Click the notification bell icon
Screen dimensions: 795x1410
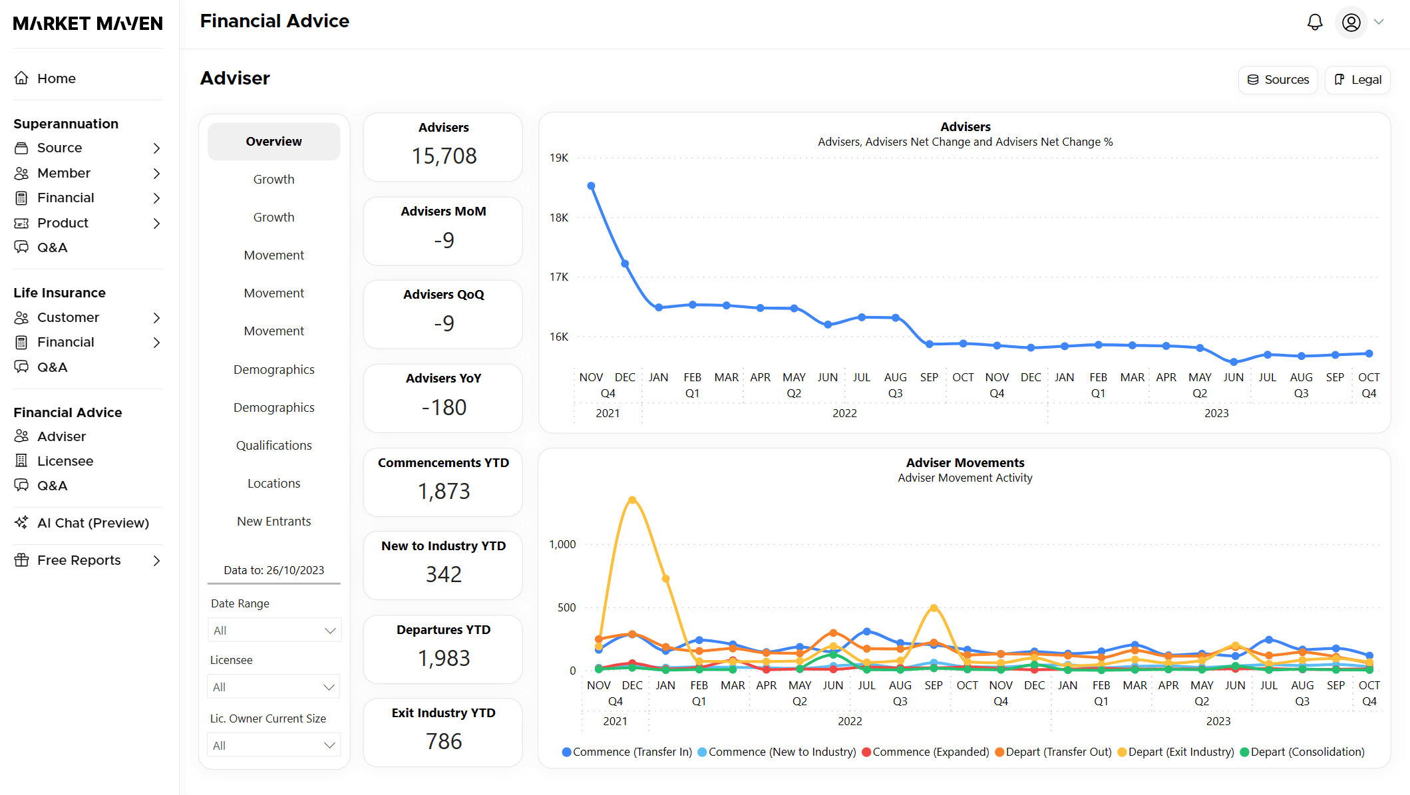click(x=1314, y=23)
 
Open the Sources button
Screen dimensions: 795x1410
click(x=1278, y=80)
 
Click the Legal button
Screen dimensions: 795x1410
click(x=1357, y=80)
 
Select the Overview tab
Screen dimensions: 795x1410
click(x=273, y=141)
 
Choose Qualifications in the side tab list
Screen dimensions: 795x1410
click(x=273, y=445)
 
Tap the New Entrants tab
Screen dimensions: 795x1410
click(x=273, y=521)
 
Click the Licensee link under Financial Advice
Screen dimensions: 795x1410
click(x=65, y=461)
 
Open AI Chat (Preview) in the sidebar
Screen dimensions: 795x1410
click(x=92, y=523)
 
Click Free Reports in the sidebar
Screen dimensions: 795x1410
click(x=79, y=560)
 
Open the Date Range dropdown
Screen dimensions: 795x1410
click(x=273, y=630)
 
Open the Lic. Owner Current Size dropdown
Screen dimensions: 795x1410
click(x=273, y=745)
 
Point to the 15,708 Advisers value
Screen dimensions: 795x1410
click(x=444, y=156)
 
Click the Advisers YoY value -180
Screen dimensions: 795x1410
click(x=444, y=407)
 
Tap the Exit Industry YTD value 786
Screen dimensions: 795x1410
click(x=444, y=741)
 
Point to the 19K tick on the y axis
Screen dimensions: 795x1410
click(x=559, y=158)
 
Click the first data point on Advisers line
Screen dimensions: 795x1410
click(x=591, y=186)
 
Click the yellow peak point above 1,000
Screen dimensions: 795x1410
click(x=632, y=500)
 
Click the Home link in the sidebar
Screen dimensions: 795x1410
click(x=56, y=79)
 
